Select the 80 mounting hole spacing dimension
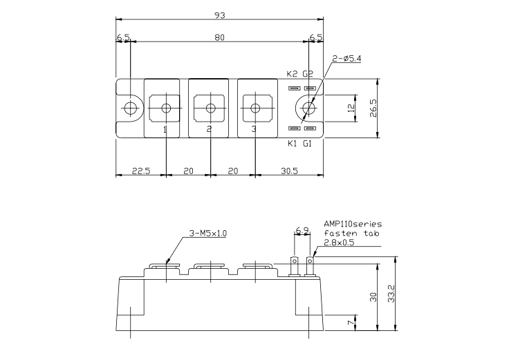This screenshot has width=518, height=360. pyautogui.click(x=219, y=37)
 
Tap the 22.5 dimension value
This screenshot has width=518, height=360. pyautogui.click(x=141, y=169)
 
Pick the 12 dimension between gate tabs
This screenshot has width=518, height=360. pyautogui.click(x=351, y=107)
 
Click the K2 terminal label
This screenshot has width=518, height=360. pyautogui.click(x=292, y=74)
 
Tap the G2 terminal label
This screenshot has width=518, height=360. pyautogui.click(x=308, y=74)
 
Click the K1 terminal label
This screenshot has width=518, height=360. pyautogui.click(x=292, y=143)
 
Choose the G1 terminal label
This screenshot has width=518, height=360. pyautogui.click(x=308, y=143)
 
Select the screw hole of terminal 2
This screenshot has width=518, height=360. pyautogui.click(x=210, y=108)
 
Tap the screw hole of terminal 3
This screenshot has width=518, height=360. pyautogui.click(x=255, y=108)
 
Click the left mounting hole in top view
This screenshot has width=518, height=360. pyautogui.click(x=129, y=108)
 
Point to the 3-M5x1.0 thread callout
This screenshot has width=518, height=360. pyautogui.click(x=207, y=234)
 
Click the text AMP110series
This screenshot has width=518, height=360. pyautogui.click(x=352, y=225)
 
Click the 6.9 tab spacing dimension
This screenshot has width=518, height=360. pyautogui.click(x=302, y=229)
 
